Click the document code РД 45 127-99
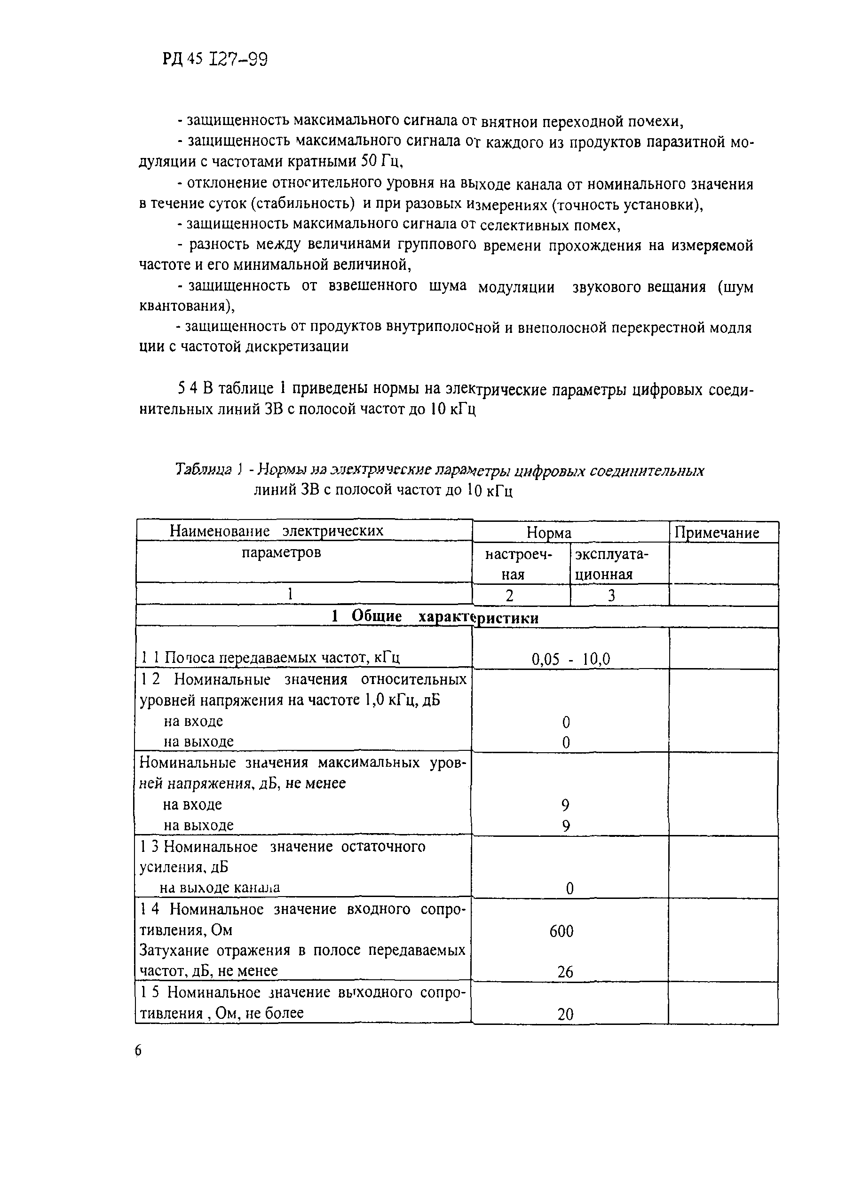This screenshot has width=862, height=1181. tap(215, 59)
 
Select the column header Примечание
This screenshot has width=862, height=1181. tap(717, 533)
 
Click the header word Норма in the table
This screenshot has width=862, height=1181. tap(549, 533)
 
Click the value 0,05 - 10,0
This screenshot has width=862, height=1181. tap(570, 659)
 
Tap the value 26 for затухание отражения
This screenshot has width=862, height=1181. tap(565, 972)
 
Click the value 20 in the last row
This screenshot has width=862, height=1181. tap(565, 1014)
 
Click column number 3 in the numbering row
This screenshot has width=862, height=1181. tap(611, 596)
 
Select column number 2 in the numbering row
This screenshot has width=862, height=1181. tap(510, 596)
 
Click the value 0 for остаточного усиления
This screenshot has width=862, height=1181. tap(570, 889)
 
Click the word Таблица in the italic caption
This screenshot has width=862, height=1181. tap(204, 470)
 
